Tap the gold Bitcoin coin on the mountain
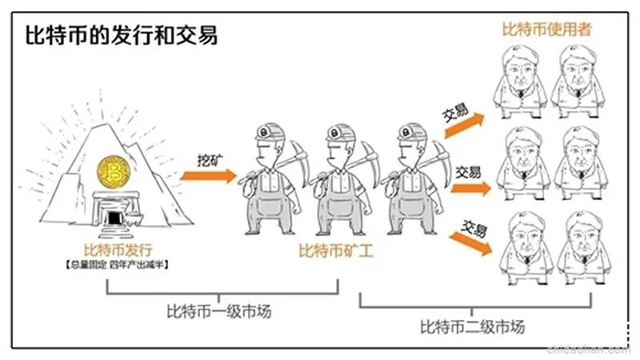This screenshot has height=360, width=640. (x=113, y=172)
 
